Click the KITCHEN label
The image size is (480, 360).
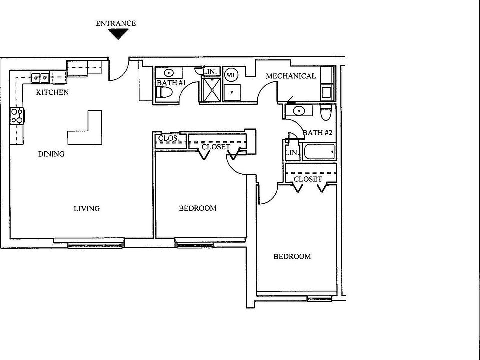coord(52,92)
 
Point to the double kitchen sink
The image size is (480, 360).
coord(40,78)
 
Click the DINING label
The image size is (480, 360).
coord(51,154)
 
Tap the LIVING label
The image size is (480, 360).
coord(87,208)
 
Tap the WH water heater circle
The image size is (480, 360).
coord(230,75)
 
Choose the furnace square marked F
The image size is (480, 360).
coord(232,92)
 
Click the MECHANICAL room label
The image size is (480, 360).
coord(291,76)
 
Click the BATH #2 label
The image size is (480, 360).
coord(318,133)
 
